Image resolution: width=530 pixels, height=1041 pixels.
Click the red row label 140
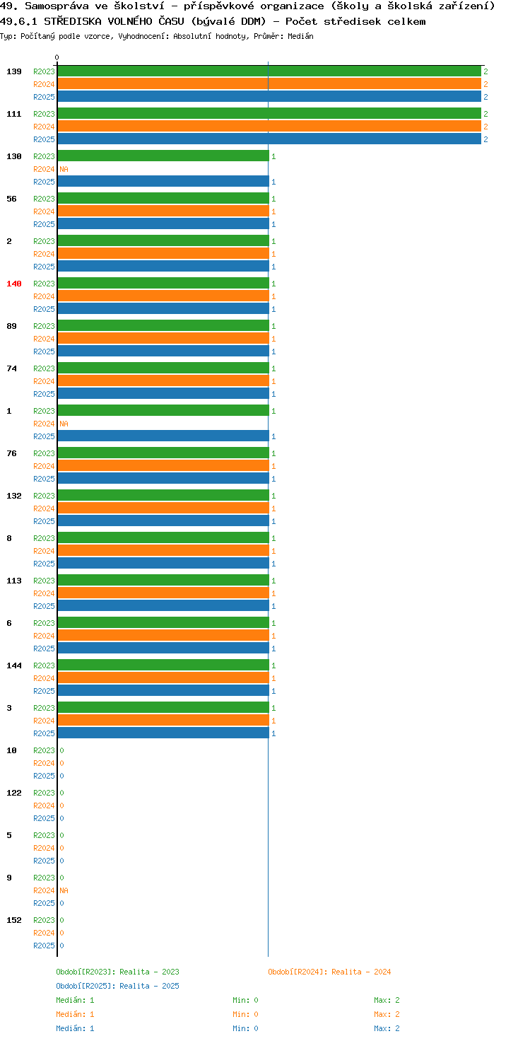tap(14, 284)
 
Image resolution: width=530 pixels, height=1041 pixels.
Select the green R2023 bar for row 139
tap(269, 71)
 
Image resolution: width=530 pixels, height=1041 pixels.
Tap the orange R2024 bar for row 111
tap(269, 127)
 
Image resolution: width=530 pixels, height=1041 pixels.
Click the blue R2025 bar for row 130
tap(163, 182)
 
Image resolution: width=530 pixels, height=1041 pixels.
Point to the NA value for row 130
tap(64, 169)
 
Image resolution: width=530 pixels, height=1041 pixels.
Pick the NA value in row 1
tap(64, 424)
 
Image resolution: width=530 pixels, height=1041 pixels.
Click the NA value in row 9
tap(64, 890)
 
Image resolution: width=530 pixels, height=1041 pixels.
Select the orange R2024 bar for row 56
tap(163, 211)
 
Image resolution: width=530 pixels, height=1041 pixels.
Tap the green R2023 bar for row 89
tap(163, 326)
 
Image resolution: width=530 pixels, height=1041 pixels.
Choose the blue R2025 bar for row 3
tap(163, 733)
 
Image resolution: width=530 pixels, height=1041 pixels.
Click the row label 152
tap(14, 920)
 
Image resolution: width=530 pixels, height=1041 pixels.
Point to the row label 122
tap(14, 793)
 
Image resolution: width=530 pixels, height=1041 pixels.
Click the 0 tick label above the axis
tap(57, 57)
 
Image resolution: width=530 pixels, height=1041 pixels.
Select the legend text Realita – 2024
tap(361, 972)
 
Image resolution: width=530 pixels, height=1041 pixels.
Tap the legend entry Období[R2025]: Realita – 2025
tap(117, 986)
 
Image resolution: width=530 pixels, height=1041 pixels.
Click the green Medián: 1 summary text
tap(75, 1000)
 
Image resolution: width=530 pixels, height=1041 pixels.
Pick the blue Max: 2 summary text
tap(387, 1028)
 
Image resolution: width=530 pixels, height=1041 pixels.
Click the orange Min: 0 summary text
tap(246, 1014)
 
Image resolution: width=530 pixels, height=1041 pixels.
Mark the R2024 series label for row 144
tap(44, 678)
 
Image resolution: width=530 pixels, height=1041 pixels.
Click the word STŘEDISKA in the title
tap(73, 21)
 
